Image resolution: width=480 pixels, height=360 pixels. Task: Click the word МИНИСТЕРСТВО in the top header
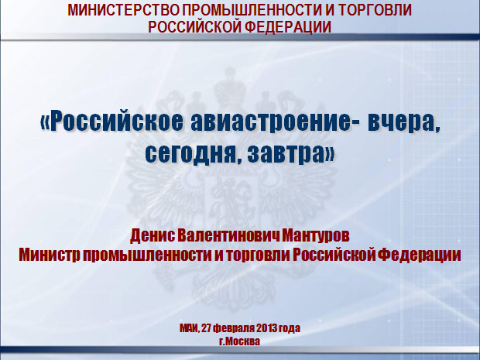123,10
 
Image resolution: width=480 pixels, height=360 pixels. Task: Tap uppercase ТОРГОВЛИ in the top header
375,10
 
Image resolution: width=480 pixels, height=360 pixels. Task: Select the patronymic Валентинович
228,236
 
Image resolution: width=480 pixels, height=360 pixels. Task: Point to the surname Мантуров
316,236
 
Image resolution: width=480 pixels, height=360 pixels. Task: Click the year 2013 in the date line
266,328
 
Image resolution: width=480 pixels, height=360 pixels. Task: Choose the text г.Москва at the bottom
240,341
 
